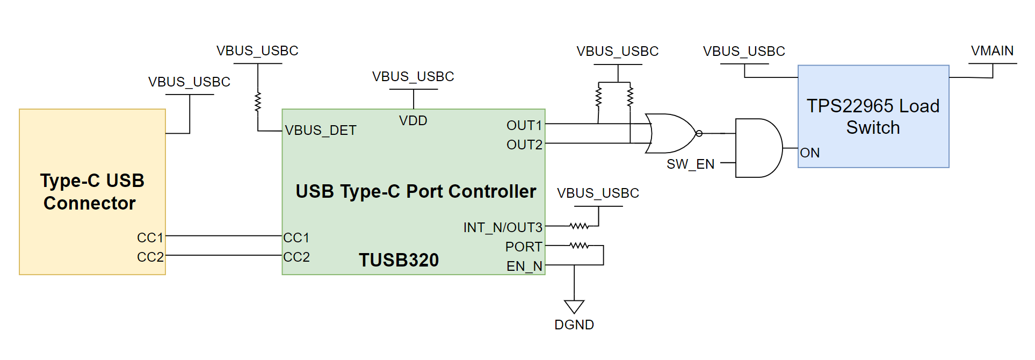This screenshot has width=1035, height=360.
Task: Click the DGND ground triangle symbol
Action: pos(574,306)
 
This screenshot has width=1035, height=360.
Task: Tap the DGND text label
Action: pos(574,325)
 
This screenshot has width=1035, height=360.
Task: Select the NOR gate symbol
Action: pos(671,133)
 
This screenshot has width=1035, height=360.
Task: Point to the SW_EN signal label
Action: pos(690,164)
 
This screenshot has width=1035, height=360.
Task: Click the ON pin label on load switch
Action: pos(810,153)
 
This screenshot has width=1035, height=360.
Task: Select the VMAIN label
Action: pos(992,51)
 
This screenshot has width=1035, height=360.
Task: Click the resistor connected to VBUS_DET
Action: pos(258,102)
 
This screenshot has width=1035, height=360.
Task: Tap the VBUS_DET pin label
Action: pos(321,131)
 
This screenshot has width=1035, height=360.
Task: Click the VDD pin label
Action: pos(413,121)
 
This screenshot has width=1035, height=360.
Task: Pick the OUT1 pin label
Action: pos(524,126)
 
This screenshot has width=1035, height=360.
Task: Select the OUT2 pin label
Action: pos(524,145)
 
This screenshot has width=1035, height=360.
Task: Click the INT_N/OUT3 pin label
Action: pos(503,228)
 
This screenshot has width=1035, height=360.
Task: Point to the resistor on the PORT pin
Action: pos(579,246)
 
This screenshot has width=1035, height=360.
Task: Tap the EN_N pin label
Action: pos(524,267)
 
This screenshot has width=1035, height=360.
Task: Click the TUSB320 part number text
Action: pos(399,260)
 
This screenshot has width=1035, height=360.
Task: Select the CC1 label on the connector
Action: pos(150,237)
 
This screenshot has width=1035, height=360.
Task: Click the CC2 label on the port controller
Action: pos(296,257)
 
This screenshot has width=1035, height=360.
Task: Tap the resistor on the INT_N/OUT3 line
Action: pos(579,226)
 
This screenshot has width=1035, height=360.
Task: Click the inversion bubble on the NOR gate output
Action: pos(699,133)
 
